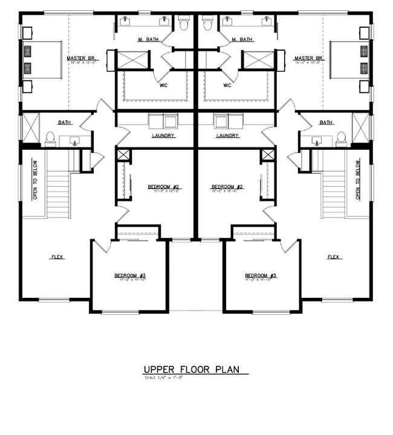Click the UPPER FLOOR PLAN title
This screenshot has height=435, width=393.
[196, 369]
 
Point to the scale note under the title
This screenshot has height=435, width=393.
[165, 378]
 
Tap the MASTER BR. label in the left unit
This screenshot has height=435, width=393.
[79, 59]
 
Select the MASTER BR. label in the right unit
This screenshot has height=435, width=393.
[307, 59]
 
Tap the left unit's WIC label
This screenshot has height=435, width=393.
[164, 85]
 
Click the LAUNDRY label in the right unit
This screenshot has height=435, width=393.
[228, 136]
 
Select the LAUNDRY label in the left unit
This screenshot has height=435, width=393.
[164, 136]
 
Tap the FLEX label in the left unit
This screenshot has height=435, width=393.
[57, 257]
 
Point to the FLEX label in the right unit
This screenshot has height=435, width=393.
[334, 257]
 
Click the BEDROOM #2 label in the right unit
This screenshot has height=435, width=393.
[227, 187]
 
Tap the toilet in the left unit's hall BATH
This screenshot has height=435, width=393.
[50, 138]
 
